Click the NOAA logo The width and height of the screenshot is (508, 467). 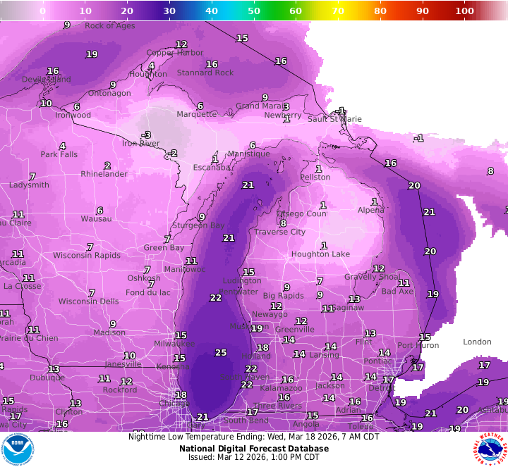coord(18,449)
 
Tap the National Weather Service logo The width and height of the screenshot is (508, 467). coord(490,449)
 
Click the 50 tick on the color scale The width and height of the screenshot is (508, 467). coord(253,11)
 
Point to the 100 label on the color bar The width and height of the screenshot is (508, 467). coord(464,11)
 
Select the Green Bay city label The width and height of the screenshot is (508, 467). coord(164,248)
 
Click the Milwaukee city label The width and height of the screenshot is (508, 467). coord(174,344)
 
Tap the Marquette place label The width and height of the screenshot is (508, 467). coord(196,114)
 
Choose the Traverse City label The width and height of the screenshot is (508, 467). coord(280,232)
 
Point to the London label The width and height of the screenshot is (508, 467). coord(477,342)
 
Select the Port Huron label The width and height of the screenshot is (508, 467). coord(418,345)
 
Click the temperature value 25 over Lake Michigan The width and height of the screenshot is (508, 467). coord(221,352)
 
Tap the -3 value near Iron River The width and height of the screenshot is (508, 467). coord(146,135)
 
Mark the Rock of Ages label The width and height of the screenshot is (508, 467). coord(109,26)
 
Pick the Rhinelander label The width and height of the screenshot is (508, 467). coord(104,174)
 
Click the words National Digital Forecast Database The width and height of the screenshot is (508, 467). coord(253,447)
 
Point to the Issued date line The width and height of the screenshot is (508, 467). coord(253,456)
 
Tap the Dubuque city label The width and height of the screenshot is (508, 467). coord(47,378)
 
